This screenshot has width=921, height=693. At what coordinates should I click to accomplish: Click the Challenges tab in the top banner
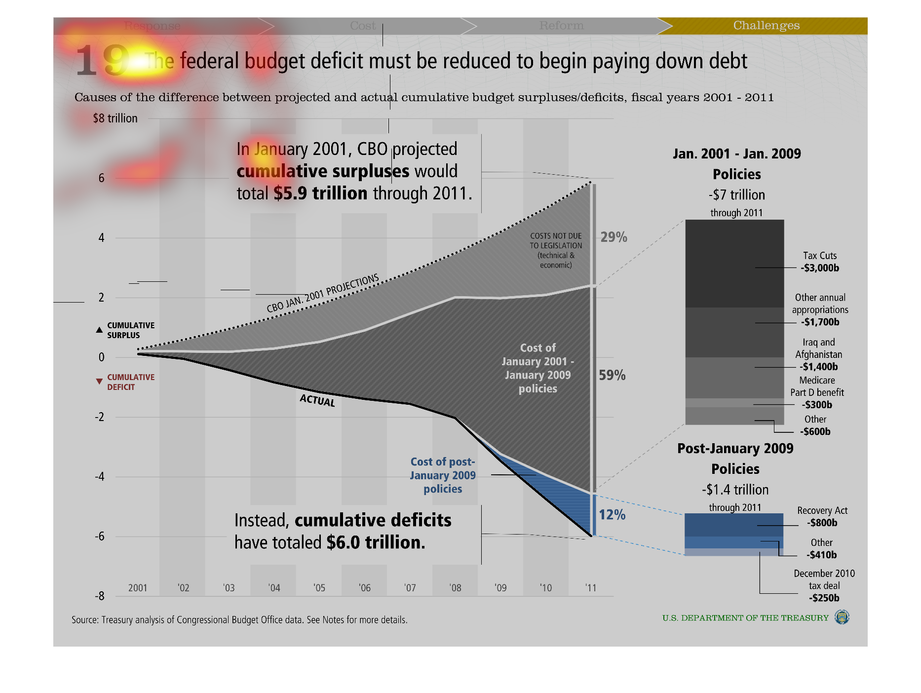766,25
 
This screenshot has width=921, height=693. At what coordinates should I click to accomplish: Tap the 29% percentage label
614,237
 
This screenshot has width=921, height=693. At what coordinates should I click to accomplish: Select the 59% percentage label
612,375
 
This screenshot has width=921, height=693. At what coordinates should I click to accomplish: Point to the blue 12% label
612,515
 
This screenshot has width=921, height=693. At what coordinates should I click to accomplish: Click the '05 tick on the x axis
319,588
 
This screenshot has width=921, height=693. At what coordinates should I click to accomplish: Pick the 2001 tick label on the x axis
138,588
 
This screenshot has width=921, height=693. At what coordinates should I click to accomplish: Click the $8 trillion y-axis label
115,118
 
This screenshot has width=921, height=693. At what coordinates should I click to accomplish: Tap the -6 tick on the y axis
100,536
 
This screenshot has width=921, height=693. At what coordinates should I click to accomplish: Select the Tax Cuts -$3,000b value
820,268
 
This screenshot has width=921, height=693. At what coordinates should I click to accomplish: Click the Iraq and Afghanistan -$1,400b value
819,367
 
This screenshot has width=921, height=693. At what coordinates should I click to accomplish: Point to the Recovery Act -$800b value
822,523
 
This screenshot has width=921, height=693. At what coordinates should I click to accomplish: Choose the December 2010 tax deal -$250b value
824,598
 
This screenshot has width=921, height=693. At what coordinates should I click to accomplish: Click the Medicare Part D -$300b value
817,405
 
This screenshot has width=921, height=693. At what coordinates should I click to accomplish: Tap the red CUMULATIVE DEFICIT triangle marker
99,382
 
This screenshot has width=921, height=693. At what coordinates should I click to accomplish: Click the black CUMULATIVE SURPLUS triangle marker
99,330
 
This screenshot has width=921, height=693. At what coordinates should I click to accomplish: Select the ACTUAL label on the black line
317,400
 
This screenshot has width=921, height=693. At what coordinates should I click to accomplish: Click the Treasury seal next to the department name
842,617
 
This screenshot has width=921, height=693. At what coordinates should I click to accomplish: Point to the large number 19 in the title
102,60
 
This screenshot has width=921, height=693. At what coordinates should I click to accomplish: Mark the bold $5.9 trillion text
320,193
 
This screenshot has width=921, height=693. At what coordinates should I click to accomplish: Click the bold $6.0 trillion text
376,542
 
